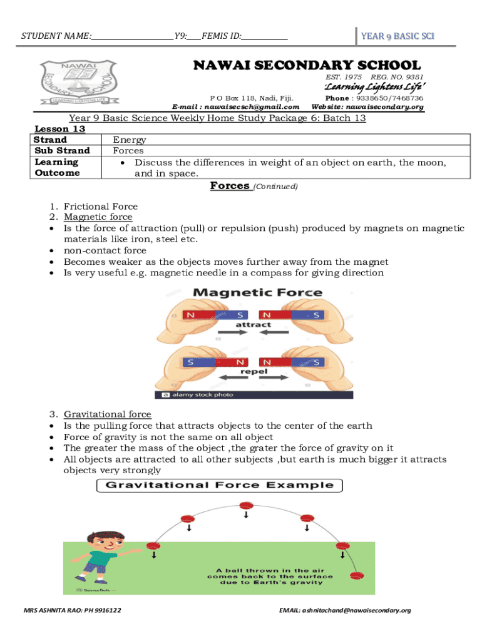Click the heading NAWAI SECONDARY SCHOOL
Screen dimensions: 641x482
coord(307,65)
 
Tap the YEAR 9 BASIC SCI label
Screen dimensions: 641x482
coord(397,37)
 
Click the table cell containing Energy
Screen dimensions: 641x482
coord(130,140)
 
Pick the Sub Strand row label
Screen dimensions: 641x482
coord(61,150)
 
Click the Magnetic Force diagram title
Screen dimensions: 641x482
coord(257,292)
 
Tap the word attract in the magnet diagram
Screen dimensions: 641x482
coord(253,324)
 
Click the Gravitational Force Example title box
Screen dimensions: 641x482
coord(218,485)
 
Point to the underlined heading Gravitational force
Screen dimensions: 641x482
coord(107,414)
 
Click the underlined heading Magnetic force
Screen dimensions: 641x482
coord(98,217)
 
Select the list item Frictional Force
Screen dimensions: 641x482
coord(100,206)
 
